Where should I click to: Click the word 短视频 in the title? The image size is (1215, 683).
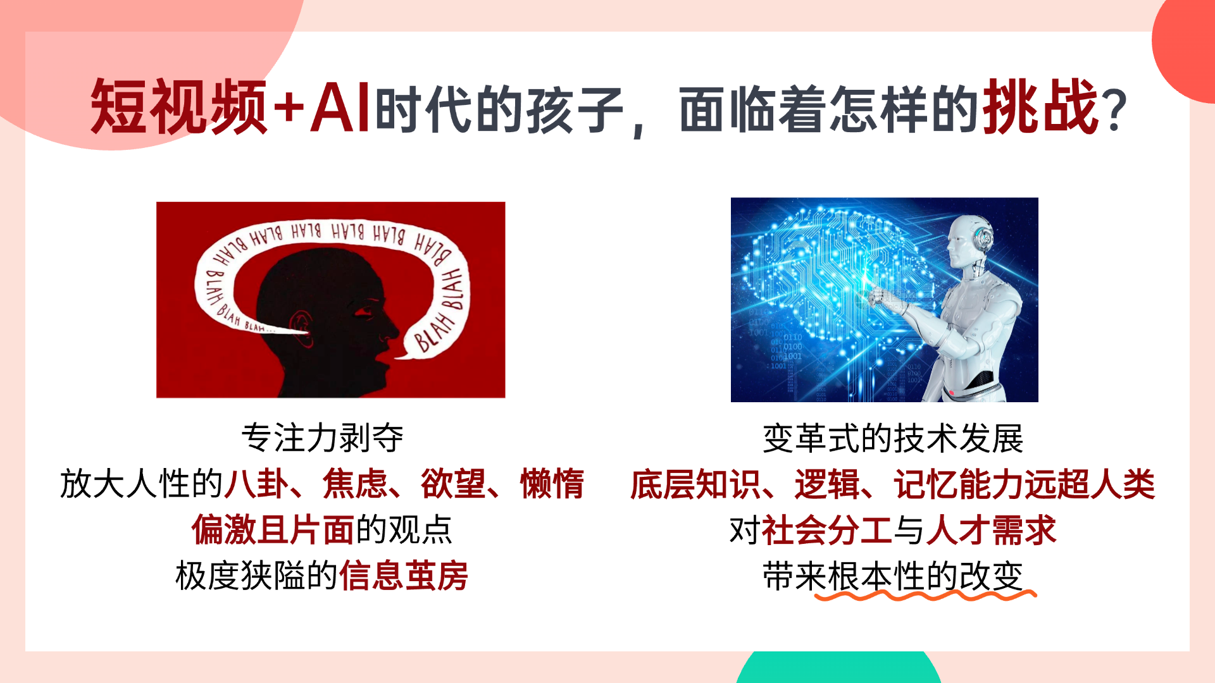[178, 106]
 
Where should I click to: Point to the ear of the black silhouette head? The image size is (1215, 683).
[302, 328]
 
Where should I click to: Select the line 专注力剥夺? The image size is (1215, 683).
[322, 438]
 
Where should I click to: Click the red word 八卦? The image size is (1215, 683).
[257, 484]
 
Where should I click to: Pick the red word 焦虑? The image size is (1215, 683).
[355, 484]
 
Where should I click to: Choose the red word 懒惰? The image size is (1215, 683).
[552, 484]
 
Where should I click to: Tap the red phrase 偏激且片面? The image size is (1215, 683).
[273, 530]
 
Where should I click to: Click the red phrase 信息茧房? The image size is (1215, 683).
[404, 575]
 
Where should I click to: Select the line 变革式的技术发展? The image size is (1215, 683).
[893, 438]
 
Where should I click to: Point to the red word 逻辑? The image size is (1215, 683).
[827, 484]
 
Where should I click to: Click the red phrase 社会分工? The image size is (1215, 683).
[827, 530]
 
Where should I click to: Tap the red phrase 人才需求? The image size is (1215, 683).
[992, 530]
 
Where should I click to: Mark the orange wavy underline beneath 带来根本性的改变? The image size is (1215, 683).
[925, 595]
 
